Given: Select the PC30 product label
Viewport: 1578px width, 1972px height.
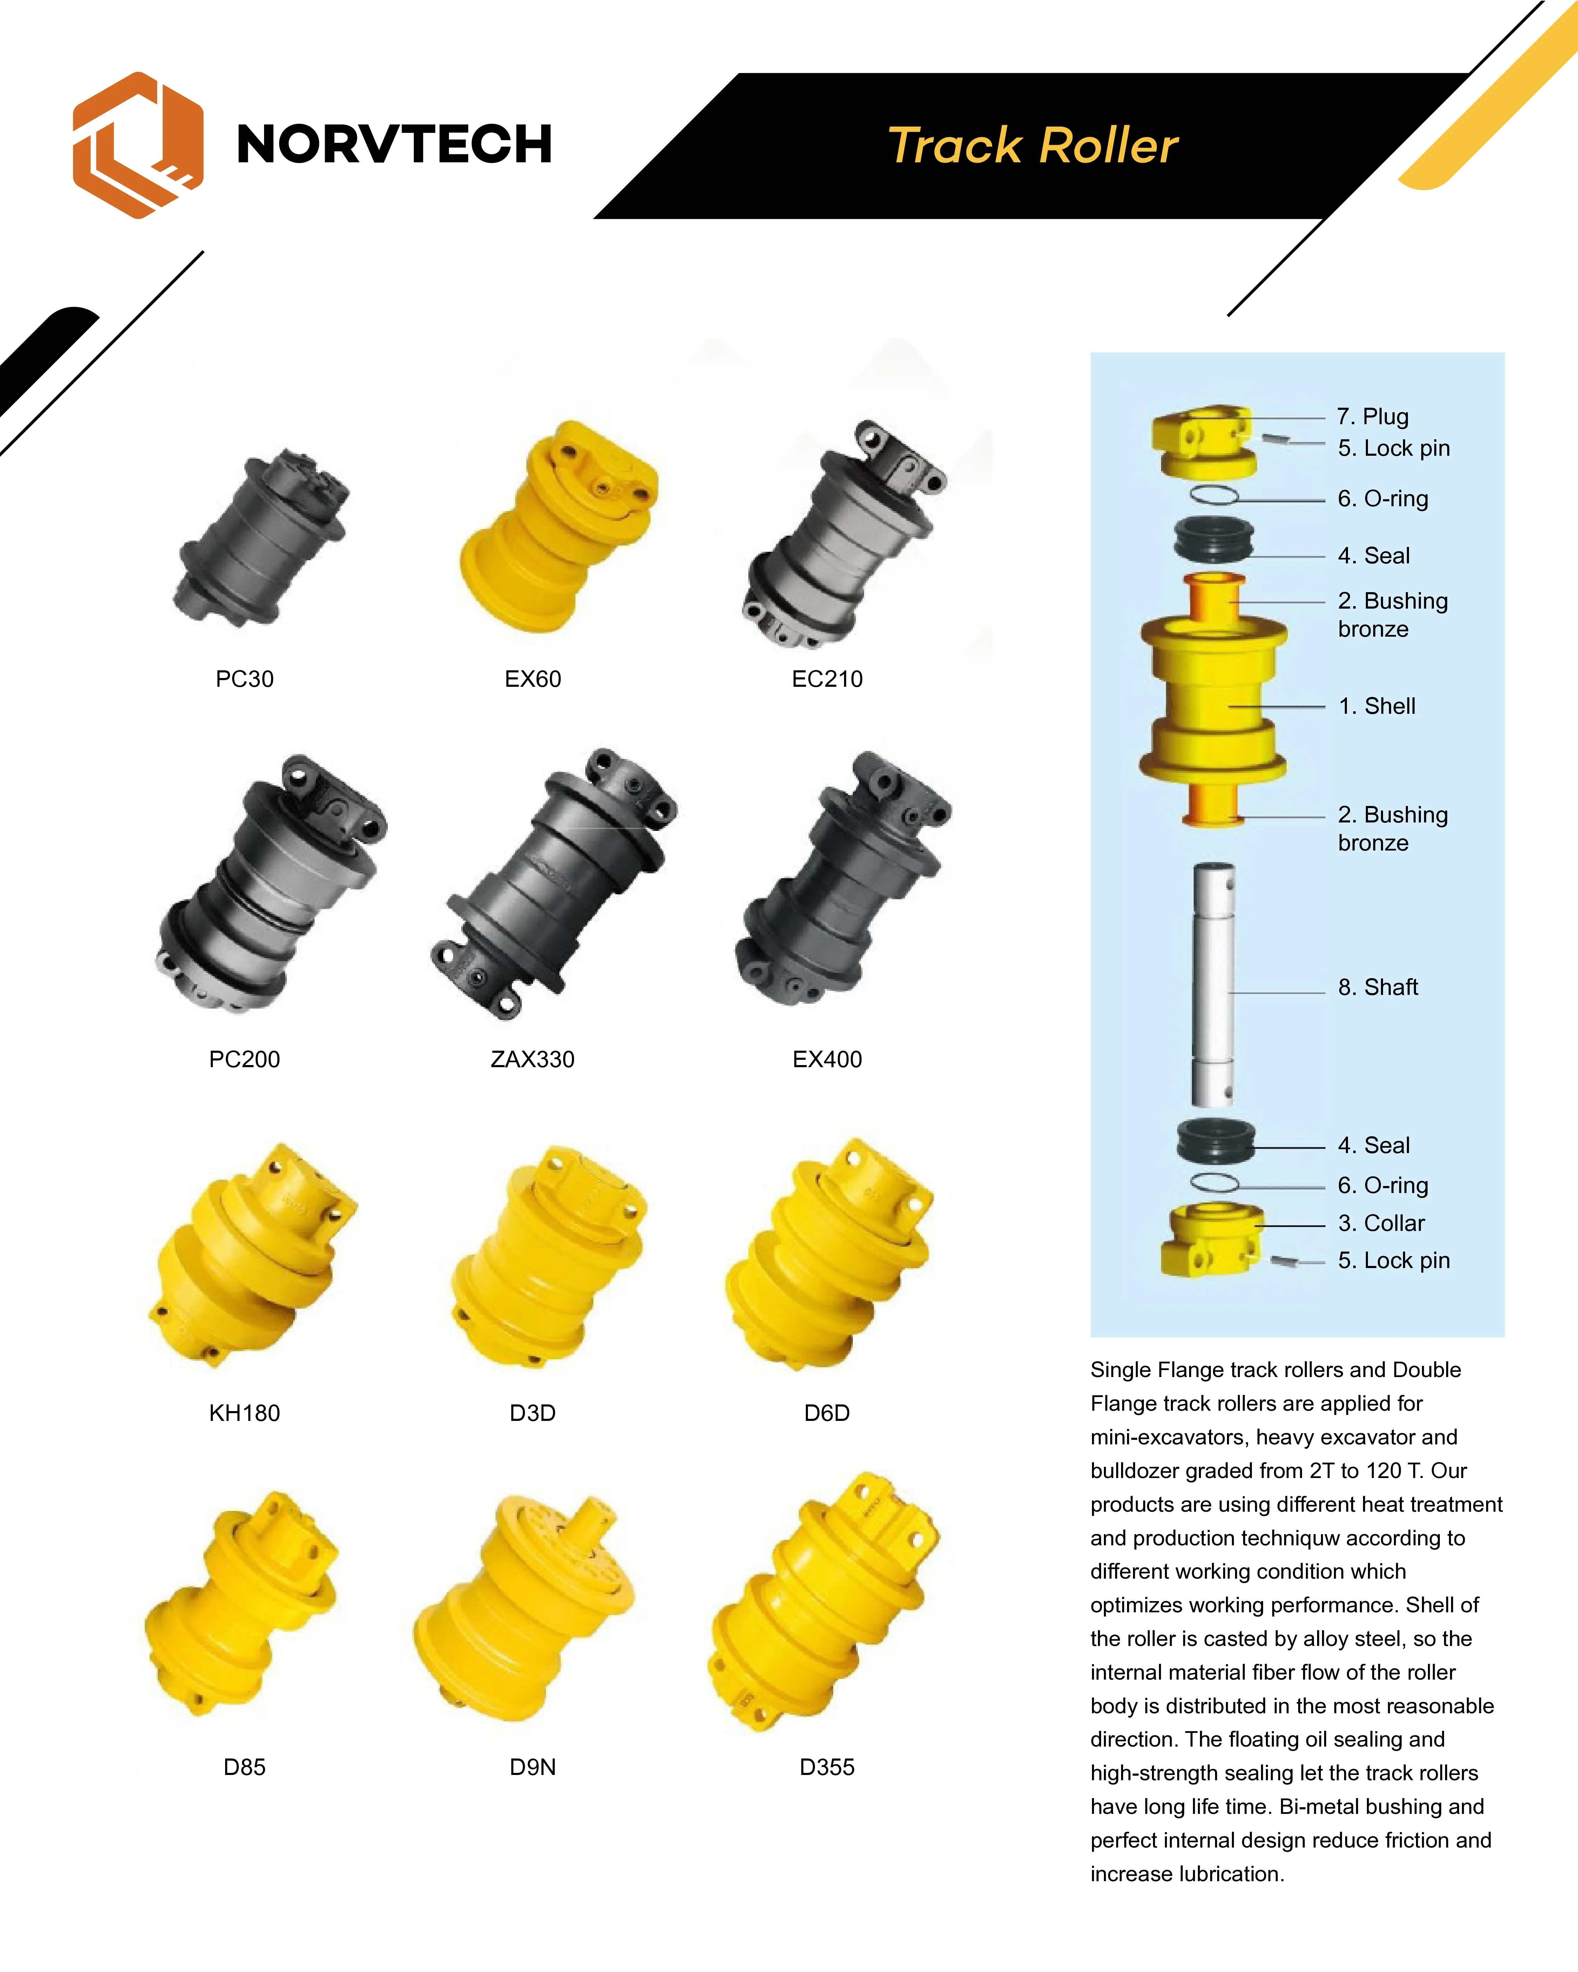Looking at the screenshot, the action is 244,679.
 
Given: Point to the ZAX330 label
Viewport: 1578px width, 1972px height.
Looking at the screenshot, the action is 532,1059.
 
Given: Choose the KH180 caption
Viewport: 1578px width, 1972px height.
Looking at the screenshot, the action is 244,1413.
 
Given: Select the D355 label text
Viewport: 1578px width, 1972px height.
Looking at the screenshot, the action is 827,1767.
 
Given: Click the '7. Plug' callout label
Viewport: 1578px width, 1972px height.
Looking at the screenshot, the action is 1372,416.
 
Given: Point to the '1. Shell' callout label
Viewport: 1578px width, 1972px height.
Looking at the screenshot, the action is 1377,706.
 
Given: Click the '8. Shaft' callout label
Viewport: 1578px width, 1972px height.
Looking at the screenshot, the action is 1378,987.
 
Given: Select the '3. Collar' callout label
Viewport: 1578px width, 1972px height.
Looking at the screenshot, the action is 1381,1223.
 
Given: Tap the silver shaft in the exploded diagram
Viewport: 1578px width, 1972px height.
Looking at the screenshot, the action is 1214,985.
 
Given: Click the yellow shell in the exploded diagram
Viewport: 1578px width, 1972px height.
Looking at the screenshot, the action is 1213,700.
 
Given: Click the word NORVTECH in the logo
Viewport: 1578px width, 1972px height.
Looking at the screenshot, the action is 394,144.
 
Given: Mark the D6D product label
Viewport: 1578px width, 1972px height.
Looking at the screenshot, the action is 827,1413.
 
